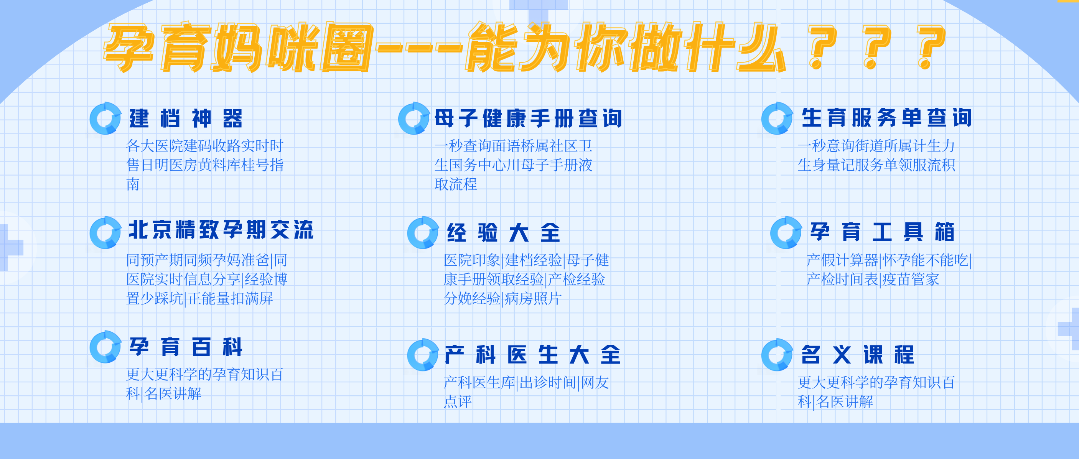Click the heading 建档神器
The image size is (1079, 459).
(186, 118)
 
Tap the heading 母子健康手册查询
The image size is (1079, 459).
(528, 118)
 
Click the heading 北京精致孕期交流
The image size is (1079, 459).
(221, 230)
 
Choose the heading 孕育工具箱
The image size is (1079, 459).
(882, 232)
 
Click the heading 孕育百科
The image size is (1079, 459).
(186, 347)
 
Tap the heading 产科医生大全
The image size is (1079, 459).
(532, 355)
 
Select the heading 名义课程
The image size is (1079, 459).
(857, 355)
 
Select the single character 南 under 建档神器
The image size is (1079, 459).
(133, 184)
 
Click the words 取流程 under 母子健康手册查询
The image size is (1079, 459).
(456, 184)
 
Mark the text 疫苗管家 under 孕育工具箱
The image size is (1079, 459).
(911, 279)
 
